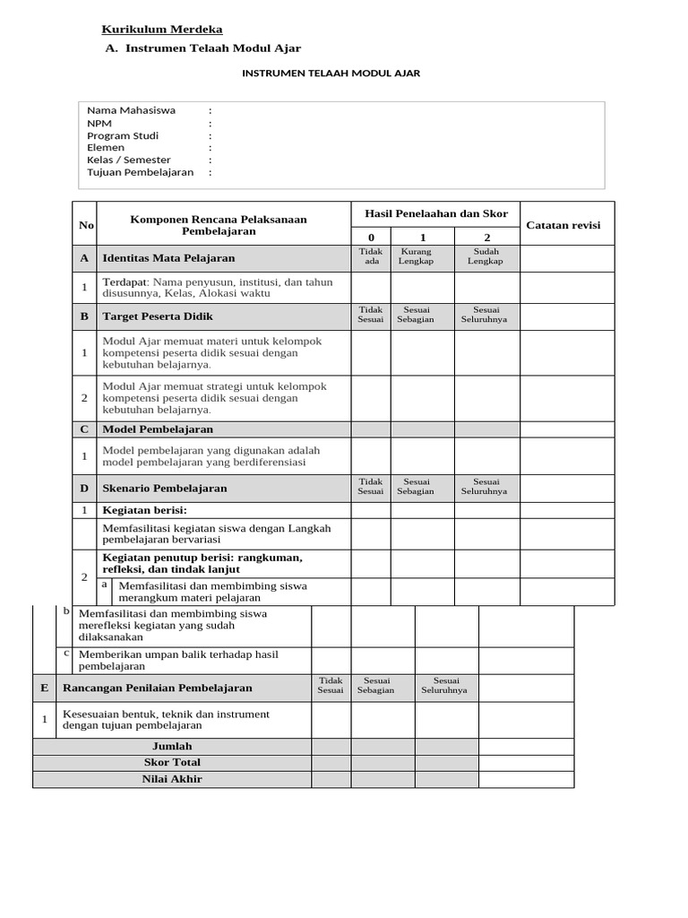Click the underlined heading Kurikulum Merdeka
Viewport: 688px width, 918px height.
click(x=162, y=30)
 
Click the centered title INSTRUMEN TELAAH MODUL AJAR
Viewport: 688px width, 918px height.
click(x=331, y=74)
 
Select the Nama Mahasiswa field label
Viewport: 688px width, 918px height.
click(x=131, y=110)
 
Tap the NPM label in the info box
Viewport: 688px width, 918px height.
click(x=99, y=123)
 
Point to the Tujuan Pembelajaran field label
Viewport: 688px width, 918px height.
click(x=140, y=172)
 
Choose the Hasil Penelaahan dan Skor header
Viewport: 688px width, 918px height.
click(x=435, y=213)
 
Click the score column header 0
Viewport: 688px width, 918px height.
click(x=371, y=237)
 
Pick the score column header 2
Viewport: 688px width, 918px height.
click(x=486, y=237)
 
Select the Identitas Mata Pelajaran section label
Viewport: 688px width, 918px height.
click(x=168, y=258)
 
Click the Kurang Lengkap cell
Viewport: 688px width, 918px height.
click(x=416, y=257)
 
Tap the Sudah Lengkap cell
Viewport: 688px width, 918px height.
click(x=486, y=257)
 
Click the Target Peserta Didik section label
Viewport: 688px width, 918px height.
click(x=158, y=316)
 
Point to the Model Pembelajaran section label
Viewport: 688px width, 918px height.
click(x=158, y=429)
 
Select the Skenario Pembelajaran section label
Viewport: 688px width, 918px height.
click(x=165, y=489)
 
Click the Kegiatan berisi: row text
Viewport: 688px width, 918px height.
click(x=144, y=510)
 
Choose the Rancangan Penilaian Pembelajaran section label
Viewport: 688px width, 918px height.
click(x=157, y=688)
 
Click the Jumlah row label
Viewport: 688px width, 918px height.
click(x=172, y=746)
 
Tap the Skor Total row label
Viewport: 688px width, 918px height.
click(x=172, y=762)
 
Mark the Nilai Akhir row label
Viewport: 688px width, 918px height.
click(x=172, y=779)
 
